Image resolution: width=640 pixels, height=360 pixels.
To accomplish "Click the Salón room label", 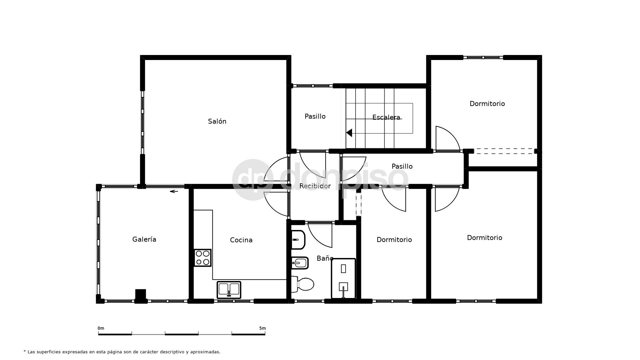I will (x=217, y=121).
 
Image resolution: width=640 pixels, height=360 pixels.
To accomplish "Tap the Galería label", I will (x=144, y=239).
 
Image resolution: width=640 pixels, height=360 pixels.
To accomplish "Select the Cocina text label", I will (x=241, y=240).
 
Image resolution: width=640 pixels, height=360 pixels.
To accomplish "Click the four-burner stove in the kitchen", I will (x=203, y=258).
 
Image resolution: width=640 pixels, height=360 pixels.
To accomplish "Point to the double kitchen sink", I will (x=229, y=290).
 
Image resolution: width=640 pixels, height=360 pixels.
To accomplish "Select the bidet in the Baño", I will (x=300, y=263).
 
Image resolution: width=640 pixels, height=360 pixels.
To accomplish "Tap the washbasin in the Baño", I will (x=298, y=240).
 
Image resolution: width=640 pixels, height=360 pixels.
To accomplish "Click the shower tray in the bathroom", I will (x=343, y=278).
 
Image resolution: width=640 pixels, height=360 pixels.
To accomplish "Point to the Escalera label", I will (x=386, y=117).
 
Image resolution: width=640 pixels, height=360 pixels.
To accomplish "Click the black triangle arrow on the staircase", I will (x=349, y=133).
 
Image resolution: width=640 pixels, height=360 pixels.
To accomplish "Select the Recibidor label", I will (x=315, y=186).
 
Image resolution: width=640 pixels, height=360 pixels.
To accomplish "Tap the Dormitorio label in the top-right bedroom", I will (x=487, y=104).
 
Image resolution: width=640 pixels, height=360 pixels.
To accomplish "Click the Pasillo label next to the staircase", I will (x=315, y=116).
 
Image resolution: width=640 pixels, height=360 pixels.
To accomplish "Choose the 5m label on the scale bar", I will (x=262, y=328).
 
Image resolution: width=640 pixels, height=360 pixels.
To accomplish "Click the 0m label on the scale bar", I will (x=101, y=328).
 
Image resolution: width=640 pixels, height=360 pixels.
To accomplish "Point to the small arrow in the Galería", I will (x=174, y=191).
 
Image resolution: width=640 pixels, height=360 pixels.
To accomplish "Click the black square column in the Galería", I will (x=141, y=295).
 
